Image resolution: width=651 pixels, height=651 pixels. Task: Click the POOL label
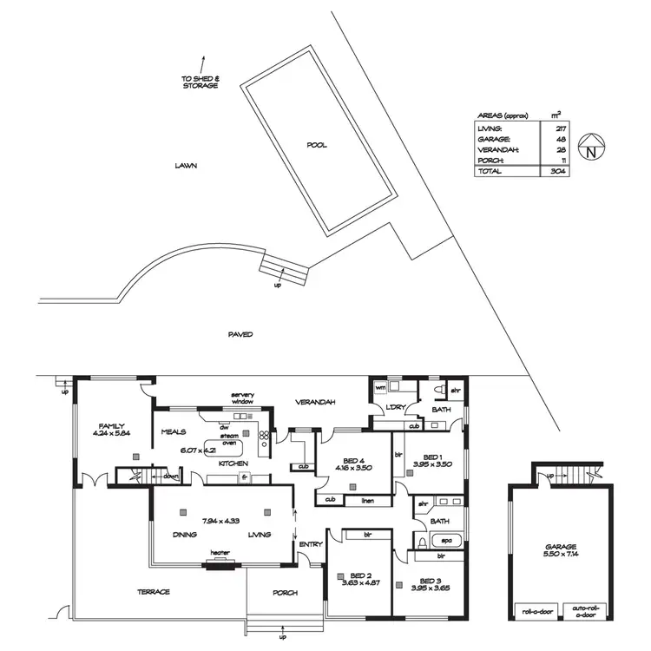tap(317, 145)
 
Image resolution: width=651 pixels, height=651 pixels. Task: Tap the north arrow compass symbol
tap(590, 149)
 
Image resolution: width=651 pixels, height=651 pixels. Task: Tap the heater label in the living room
tap(218, 551)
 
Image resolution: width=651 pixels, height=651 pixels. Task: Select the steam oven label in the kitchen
tap(229, 439)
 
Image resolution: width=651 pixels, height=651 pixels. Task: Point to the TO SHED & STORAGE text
tap(201, 82)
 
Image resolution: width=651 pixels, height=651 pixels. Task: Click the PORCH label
tap(285, 593)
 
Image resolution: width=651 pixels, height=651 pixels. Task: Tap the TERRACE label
tap(153, 592)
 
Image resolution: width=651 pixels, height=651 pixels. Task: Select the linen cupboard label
tap(368, 500)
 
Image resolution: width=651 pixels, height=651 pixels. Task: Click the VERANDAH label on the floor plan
tap(315, 403)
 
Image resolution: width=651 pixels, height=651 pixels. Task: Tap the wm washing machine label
tap(379, 387)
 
